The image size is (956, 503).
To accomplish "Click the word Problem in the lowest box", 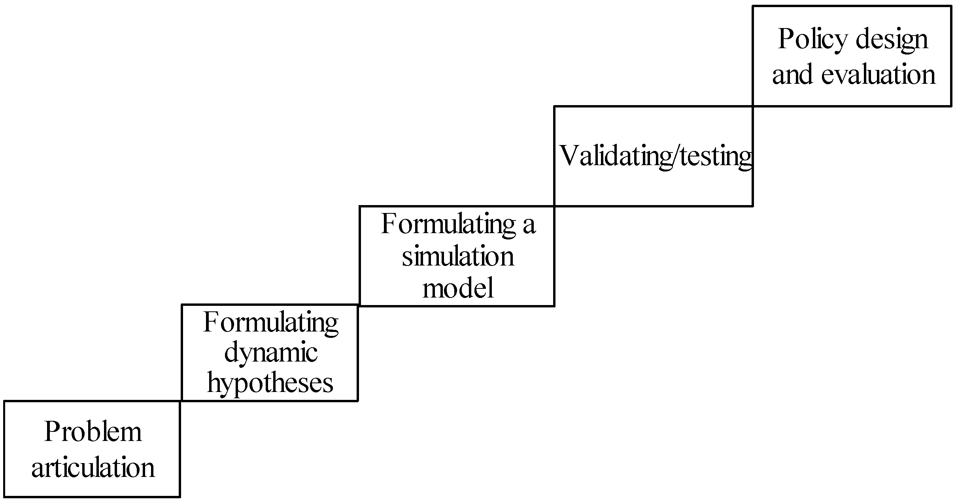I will point(93,432).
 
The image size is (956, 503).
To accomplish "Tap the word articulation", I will point(93,467).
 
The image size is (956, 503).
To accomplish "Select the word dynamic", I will point(271,353).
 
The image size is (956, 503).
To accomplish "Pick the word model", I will point(458,288).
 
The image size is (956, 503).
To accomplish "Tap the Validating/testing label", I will point(656,156).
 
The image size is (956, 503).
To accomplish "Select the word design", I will point(891,40).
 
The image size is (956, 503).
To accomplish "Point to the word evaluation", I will point(878,74).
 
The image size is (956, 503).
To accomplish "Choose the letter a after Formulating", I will point(529,224).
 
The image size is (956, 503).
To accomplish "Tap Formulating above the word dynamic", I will point(270,322).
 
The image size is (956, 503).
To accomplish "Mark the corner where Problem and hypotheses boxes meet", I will point(181,401).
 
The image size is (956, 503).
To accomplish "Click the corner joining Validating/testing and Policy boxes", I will point(752,106).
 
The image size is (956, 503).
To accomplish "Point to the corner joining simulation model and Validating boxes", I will point(554,206).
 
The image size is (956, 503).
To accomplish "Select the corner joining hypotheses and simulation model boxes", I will point(359,305).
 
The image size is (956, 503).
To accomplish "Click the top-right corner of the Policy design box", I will point(951,6).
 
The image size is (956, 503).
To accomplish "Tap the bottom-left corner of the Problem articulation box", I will point(5,496).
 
